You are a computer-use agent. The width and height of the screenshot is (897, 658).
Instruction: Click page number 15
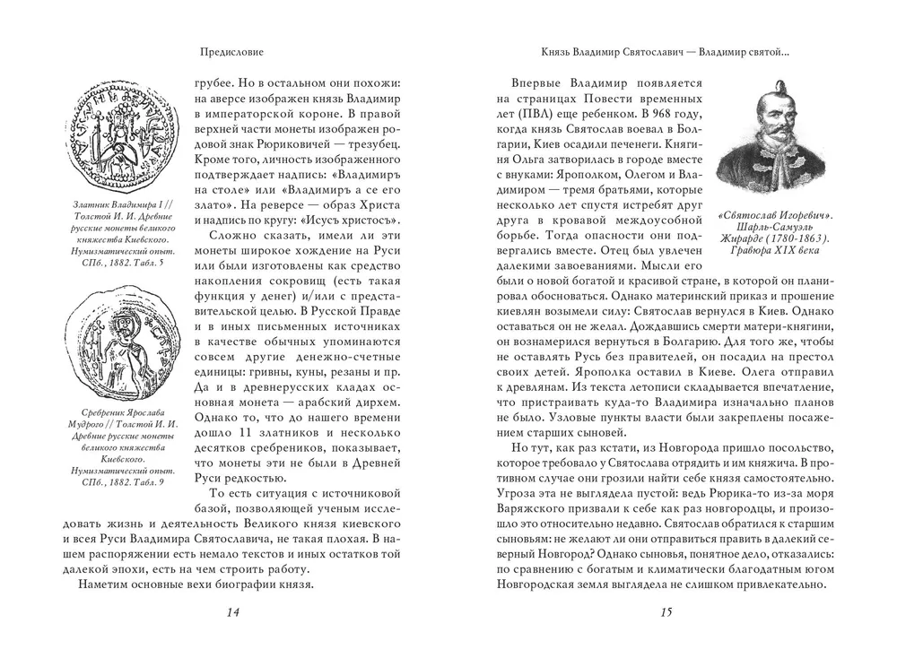coord(665,612)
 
